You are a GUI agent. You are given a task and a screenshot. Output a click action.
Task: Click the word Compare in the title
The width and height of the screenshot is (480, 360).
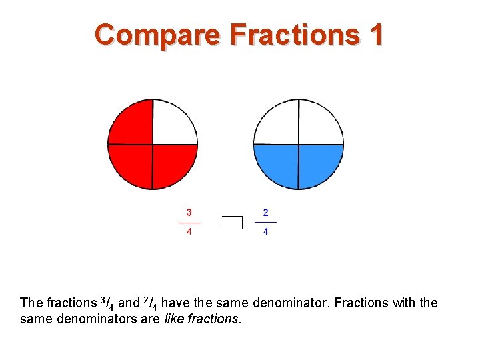[157, 34]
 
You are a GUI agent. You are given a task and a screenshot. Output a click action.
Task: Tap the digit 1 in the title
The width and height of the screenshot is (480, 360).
[375, 34]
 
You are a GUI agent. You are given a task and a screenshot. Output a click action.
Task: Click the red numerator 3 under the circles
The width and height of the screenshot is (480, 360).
[189, 213]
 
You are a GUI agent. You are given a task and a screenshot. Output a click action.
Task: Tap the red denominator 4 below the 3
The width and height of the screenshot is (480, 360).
[189, 232]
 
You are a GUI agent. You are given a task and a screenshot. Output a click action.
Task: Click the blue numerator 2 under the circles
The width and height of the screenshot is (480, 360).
[266, 213]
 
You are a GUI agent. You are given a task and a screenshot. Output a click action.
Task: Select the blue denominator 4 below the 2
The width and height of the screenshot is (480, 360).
[266, 232]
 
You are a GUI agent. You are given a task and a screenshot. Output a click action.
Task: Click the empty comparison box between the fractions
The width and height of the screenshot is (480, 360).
[232, 223]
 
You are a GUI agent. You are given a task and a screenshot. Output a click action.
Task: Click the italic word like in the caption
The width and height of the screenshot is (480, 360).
[173, 319]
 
